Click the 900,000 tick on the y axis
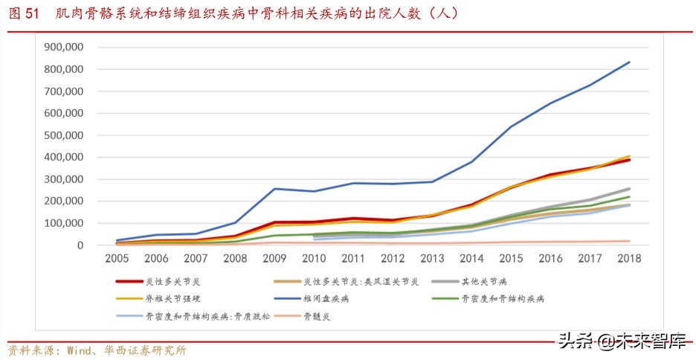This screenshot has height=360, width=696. tap(65, 47)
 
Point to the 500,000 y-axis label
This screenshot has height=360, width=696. tap(65, 135)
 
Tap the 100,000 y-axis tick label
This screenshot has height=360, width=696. tap(65, 223)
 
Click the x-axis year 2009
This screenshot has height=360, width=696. tap(275, 258)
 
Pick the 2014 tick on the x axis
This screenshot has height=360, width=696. tap(471, 258)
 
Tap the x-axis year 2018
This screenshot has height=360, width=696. tap(629, 258)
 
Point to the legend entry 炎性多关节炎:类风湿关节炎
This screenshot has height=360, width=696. tap(361, 282)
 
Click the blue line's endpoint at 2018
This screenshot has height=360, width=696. tap(629, 62)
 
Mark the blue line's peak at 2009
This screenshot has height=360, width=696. tap(275, 189)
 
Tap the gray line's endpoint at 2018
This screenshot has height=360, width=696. tap(629, 189)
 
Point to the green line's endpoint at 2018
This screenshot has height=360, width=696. tap(629, 197)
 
